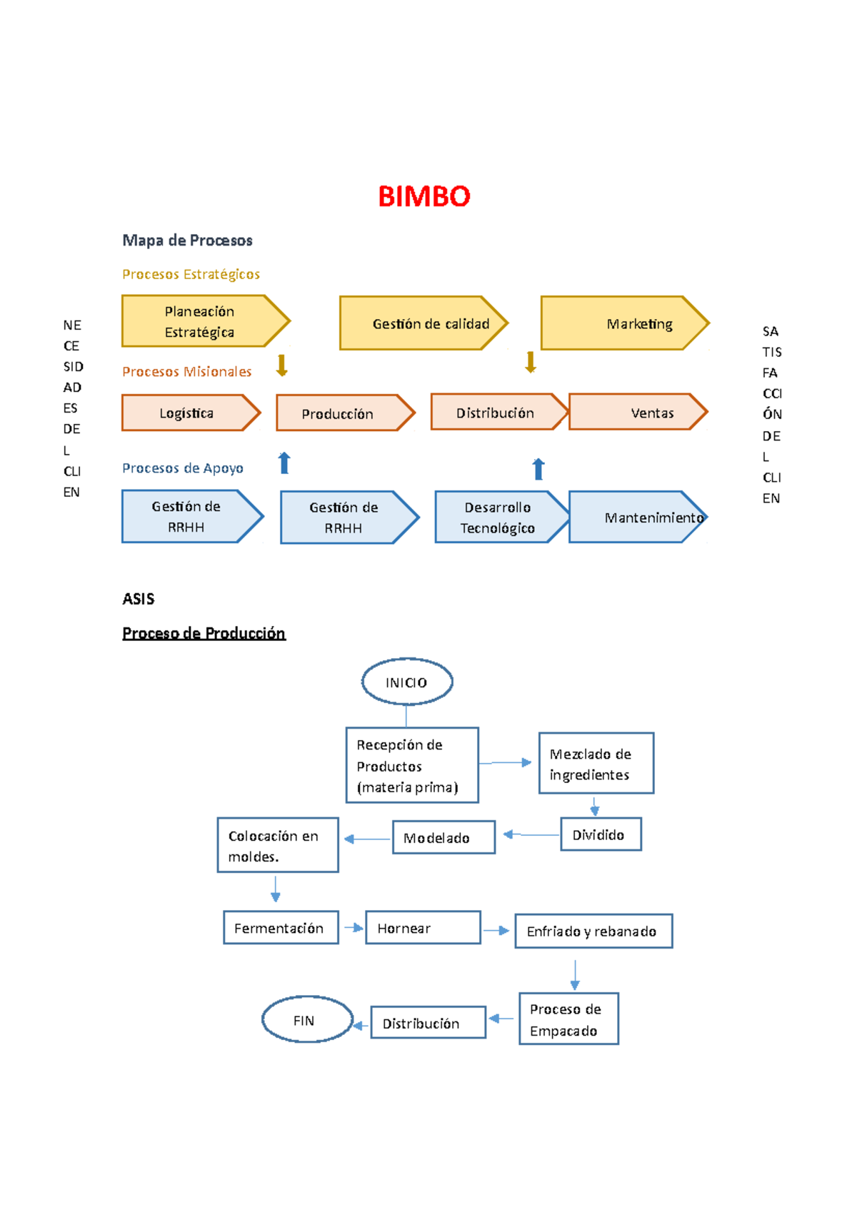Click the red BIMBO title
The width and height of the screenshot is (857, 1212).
(424, 196)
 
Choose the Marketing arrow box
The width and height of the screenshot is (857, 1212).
(624, 323)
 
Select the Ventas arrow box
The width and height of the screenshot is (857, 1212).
(637, 412)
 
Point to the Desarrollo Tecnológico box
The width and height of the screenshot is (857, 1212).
(498, 517)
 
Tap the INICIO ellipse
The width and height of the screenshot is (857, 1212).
(407, 682)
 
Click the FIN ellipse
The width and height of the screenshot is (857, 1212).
(306, 1019)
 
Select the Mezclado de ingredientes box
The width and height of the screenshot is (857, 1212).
(596, 763)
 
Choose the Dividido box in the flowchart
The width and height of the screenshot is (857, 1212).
(601, 834)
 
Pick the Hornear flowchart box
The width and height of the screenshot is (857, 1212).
(423, 927)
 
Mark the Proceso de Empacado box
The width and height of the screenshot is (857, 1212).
(568, 1019)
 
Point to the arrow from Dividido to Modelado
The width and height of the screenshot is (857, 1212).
(531, 834)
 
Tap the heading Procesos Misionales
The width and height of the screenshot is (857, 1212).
(187, 371)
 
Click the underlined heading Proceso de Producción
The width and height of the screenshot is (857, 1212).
(204, 633)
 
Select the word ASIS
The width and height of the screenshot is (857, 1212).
(139, 599)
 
